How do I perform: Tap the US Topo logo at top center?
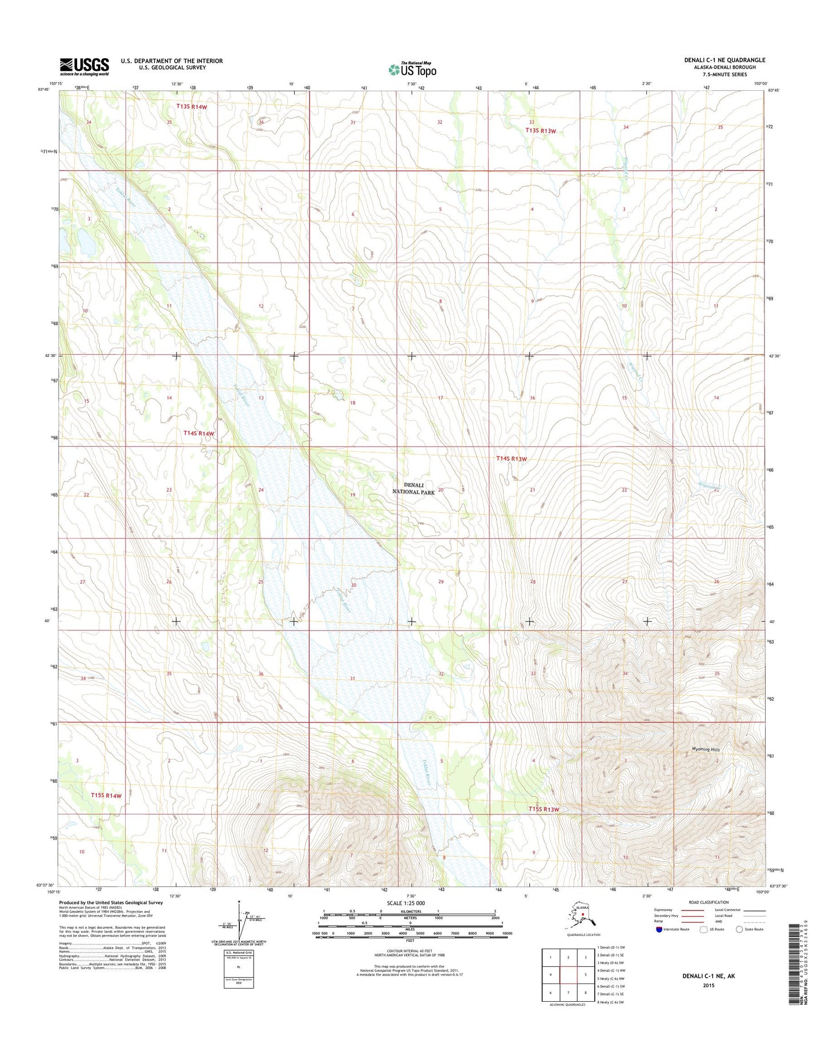click(x=412, y=69)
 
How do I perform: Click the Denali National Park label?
click(x=413, y=488)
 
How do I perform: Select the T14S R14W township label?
click(x=199, y=433)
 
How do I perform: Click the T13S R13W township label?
click(x=540, y=131)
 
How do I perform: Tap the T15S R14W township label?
click(x=106, y=796)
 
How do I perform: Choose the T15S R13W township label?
click(x=543, y=809)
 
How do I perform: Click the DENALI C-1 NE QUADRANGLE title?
click(x=725, y=60)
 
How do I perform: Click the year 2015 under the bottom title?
click(x=709, y=986)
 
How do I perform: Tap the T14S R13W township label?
click(x=511, y=459)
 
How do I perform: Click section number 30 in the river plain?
click(x=353, y=585)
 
